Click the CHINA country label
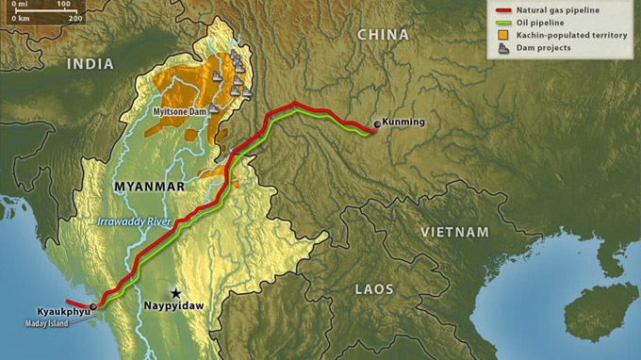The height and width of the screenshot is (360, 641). [383, 35]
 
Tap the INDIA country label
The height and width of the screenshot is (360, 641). [90, 64]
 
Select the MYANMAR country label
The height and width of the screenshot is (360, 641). [149, 187]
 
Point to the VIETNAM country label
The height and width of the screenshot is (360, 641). [455, 232]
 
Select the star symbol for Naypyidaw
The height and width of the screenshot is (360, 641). [175, 293]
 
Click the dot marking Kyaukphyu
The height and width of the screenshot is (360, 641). [93, 306]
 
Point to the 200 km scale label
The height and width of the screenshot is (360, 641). [75, 18]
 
